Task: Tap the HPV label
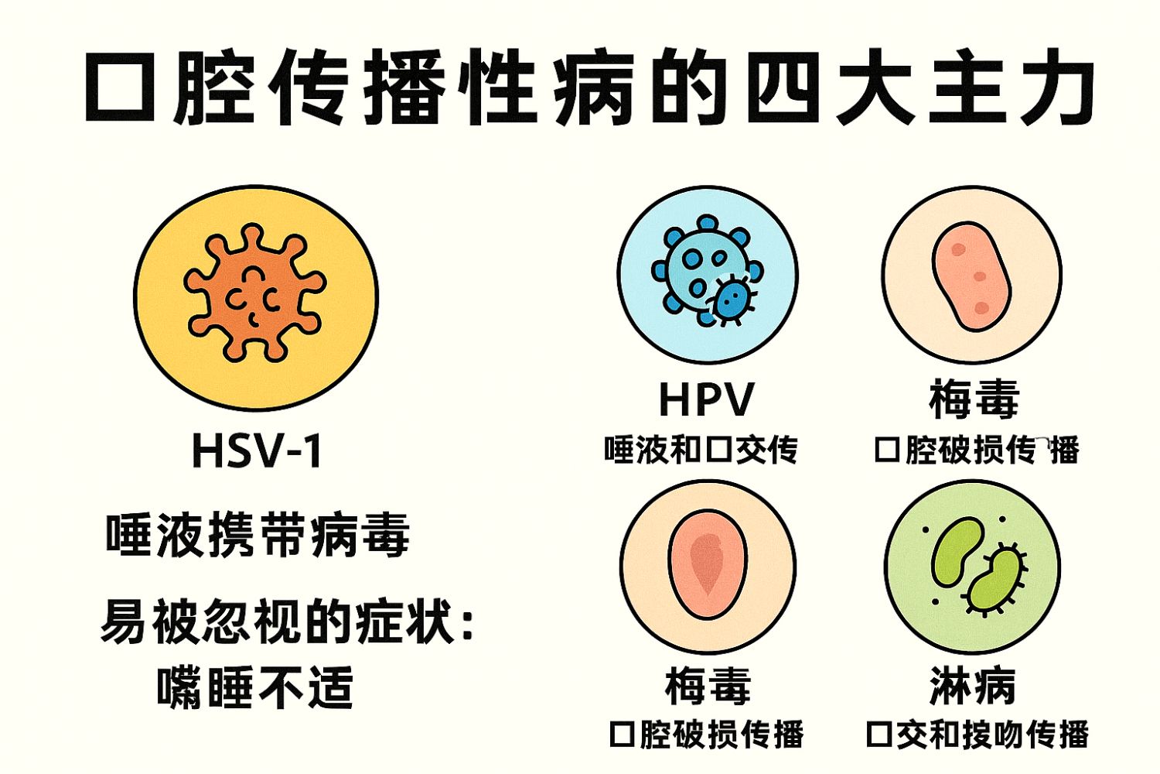pyautogui.click(x=706, y=399)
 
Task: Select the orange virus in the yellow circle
pyautogui.click(x=254, y=293)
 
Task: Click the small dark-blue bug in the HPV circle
pyautogui.click(x=731, y=300)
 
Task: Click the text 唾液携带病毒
pyautogui.click(x=258, y=535)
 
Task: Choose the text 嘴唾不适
pyautogui.click(x=255, y=687)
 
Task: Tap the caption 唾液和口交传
pyautogui.click(x=701, y=449)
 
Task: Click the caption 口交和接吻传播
pyautogui.click(x=977, y=734)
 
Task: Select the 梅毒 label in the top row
pyautogui.click(x=974, y=399)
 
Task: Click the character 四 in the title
pyautogui.click(x=782, y=87)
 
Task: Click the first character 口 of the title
pyautogui.click(x=123, y=87)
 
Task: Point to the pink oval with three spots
pyautogui.click(x=971, y=276)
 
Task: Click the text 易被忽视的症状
pyautogui.click(x=278, y=620)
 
